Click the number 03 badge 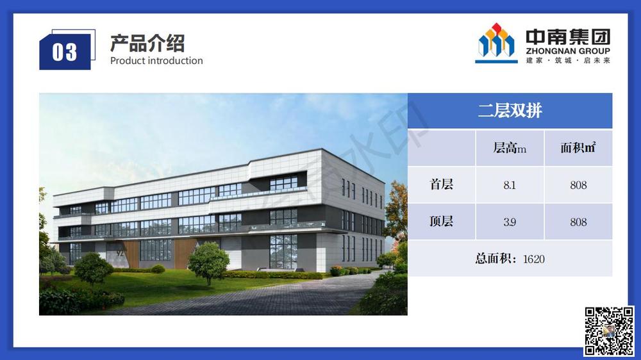pyautogui.click(x=65, y=52)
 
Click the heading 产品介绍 pyautogui.click(x=147, y=44)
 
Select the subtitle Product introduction pyautogui.click(x=156, y=60)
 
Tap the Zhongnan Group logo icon pyautogui.click(x=496, y=43)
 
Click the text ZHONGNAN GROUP pyautogui.click(x=568, y=51)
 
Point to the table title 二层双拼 pyautogui.click(x=510, y=110)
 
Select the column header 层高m pyautogui.click(x=510, y=148)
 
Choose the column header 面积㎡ pyautogui.click(x=578, y=147)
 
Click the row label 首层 pyautogui.click(x=441, y=184)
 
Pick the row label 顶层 pyautogui.click(x=441, y=221)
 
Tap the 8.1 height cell pyautogui.click(x=510, y=185)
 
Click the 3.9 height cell pyautogui.click(x=510, y=222)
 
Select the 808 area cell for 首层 pyautogui.click(x=578, y=185)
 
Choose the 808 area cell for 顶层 pyautogui.click(x=578, y=222)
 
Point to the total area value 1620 pyautogui.click(x=534, y=259)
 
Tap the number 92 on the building pyautogui.click(x=120, y=253)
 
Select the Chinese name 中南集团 pyautogui.click(x=568, y=37)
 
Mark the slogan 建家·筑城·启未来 pyautogui.click(x=568, y=60)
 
